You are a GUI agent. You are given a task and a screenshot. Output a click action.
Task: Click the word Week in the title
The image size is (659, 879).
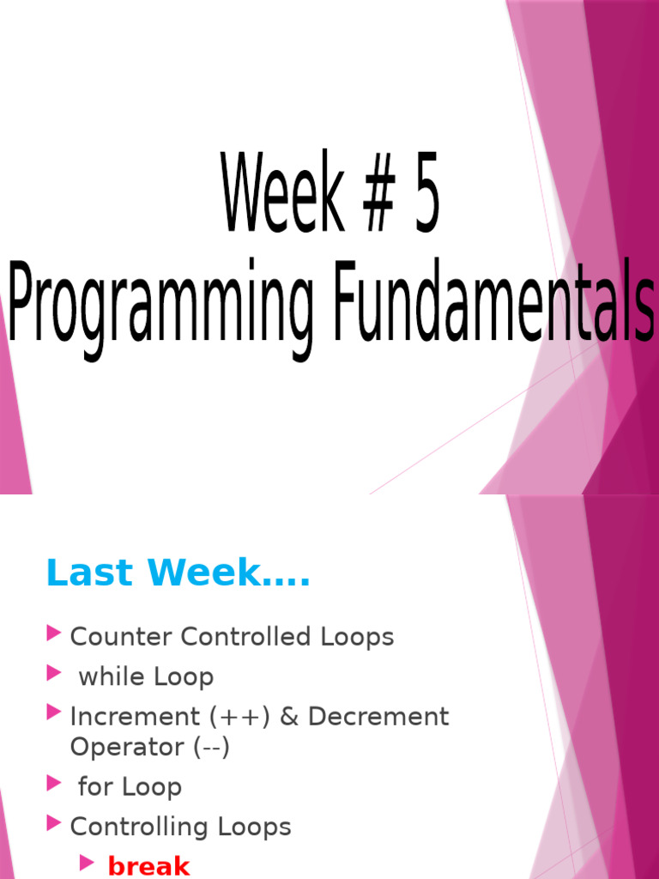(x=283, y=191)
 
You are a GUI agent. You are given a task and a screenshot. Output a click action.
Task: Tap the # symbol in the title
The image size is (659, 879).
(x=379, y=192)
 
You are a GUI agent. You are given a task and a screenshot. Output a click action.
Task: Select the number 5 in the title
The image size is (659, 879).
(x=426, y=192)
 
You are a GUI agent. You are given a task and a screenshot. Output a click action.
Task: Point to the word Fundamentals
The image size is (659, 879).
(x=493, y=300)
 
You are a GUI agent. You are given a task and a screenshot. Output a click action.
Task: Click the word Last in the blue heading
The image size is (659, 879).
(x=90, y=573)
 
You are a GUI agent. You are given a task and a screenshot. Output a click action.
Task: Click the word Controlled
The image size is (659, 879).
(x=245, y=636)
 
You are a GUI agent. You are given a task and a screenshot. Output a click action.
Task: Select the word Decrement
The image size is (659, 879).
(x=378, y=717)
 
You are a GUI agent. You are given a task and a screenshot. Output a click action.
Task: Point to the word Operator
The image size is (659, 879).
(x=127, y=748)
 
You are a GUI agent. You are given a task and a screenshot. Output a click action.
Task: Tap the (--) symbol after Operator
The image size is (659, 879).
(x=211, y=748)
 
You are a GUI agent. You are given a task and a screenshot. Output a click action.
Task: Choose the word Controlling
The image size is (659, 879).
(x=140, y=827)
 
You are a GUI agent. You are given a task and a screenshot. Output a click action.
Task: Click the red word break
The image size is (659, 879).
(x=148, y=865)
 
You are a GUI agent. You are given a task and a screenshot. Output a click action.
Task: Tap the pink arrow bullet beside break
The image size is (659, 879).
(x=87, y=863)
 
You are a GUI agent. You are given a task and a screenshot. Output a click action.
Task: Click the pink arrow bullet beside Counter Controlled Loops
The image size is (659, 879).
(x=54, y=633)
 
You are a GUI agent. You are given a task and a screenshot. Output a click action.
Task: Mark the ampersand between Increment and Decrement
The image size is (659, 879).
(x=289, y=717)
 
